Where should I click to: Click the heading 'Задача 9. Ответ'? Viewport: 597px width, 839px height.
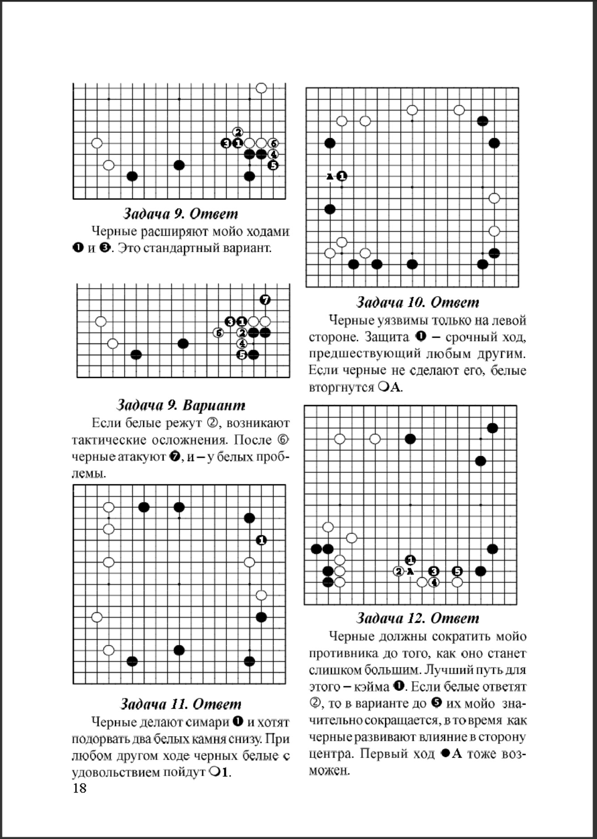pos(180,214)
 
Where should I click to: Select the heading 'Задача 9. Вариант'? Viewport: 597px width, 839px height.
pos(181,405)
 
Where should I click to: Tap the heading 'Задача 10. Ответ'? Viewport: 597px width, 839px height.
pos(417,302)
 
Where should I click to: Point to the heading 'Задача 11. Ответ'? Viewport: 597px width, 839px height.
pos(181,704)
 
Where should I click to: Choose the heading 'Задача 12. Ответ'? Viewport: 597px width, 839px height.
pos(417,618)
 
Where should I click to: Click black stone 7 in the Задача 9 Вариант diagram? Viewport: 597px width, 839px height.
pos(265,300)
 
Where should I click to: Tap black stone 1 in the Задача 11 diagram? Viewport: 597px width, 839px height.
pos(261,540)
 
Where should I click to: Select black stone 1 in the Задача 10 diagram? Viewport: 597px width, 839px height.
pos(342,176)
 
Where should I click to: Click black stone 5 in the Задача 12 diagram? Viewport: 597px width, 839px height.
pos(457,571)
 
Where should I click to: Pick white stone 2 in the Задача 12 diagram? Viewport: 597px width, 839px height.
pos(399,571)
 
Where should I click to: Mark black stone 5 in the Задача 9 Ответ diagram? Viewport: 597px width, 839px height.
pos(273,165)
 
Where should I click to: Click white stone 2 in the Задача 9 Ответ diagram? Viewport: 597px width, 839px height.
pos(238,132)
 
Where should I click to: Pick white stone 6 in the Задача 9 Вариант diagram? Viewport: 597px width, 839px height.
pos(219,333)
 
